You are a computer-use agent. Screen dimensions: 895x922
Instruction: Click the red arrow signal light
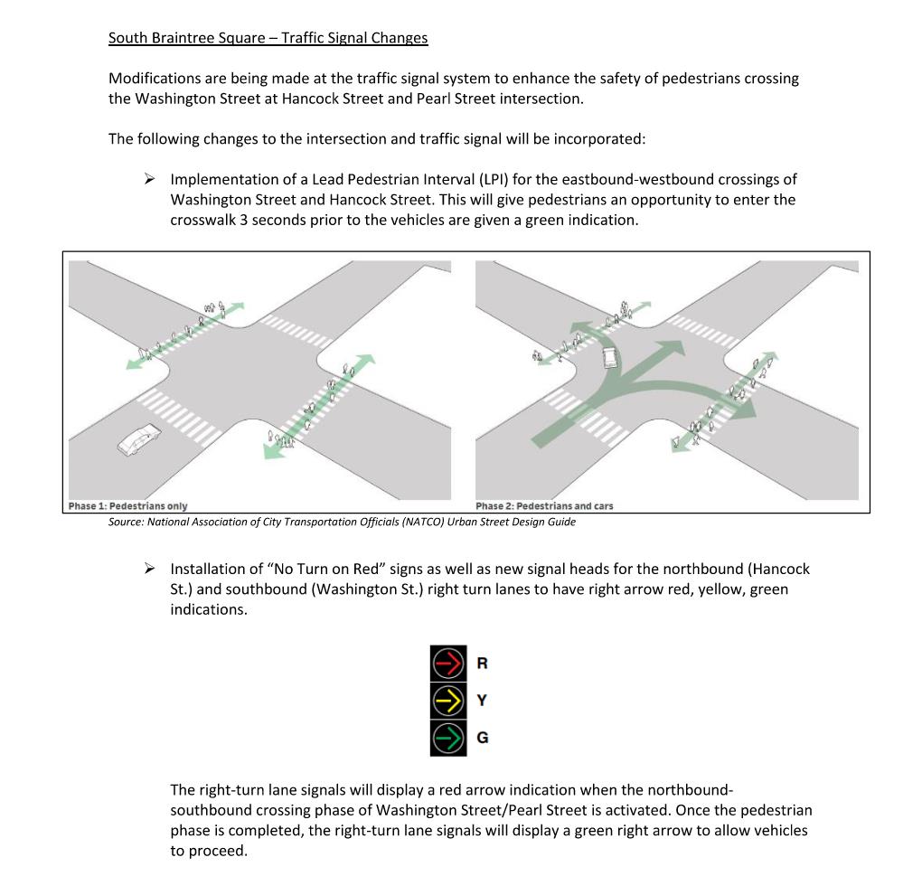pyautogui.click(x=448, y=663)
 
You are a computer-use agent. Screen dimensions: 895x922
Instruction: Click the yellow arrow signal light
pyautogui.click(x=448, y=700)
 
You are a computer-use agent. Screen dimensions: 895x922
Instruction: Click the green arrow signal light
pyautogui.click(x=448, y=737)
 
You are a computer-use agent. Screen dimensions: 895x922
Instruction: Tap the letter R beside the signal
pyautogui.click(x=482, y=664)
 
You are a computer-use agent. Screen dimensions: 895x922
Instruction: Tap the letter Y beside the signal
pyautogui.click(x=482, y=700)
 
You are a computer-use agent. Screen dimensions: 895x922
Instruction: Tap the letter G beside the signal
pyautogui.click(x=482, y=738)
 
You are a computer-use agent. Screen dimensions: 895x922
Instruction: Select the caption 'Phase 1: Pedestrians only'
pyautogui.click(x=127, y=506)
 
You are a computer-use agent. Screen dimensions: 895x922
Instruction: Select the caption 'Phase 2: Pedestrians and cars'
pyautogui.click(x=543, y=506)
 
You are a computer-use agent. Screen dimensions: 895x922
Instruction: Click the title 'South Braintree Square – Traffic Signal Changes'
pyautogui.click(x=268, y=38)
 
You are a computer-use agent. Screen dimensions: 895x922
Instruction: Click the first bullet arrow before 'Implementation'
pyautogui.click(x=150, y=178)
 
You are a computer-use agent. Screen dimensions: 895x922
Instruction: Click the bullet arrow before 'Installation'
pyautogui.click(x=150, y=569)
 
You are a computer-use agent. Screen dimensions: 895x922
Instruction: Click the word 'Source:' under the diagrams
pyautogui.click(x=126, y=522)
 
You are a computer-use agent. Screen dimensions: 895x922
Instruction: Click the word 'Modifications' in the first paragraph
pyautogui.click(x=153, y=79)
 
